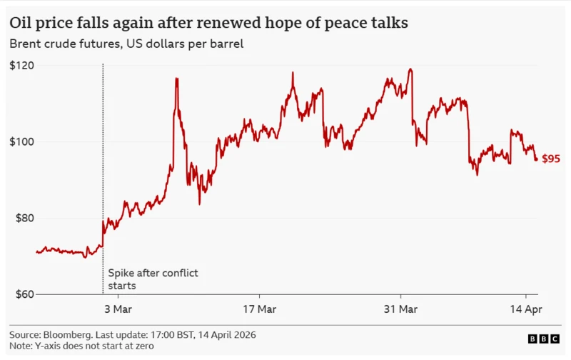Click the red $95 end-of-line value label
(x=551, y=159)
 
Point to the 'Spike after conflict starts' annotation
(x=153, y=279)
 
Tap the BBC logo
(x=544, y=339)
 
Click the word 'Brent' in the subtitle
(x=26, y=44)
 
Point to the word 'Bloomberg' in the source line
(x=71, y=334)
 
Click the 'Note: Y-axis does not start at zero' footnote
(x=81, y=346)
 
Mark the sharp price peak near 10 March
(x=176, y=79)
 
